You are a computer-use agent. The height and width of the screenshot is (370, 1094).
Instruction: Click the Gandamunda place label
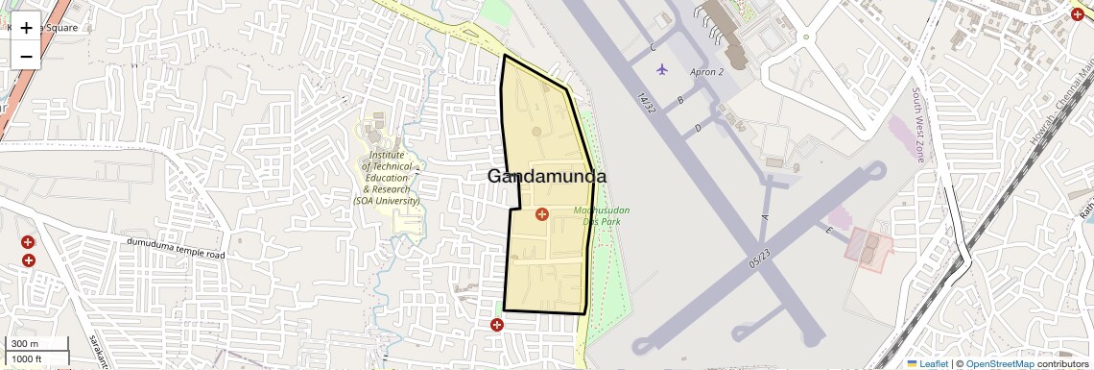click(x=547, y=176)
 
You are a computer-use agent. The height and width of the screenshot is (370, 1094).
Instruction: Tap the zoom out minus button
click(x=26, y=56)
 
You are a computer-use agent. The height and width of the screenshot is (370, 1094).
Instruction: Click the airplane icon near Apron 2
click(x=662, y=69)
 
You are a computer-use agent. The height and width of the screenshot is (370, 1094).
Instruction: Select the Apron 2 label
click(x=706, y=72)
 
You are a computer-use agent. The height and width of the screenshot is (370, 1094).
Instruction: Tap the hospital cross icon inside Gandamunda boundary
click(x=541, y=213)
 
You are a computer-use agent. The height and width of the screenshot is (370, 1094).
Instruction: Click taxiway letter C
click(x=653, y=47)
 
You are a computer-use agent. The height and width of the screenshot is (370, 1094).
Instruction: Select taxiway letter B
click(x=679, y=100)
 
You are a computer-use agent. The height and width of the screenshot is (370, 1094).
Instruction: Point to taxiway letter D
click(x=699, y=127)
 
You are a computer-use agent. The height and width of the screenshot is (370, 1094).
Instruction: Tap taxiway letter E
click(x=827, y=231)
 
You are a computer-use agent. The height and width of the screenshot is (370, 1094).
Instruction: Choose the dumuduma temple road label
click(x=176, y=249)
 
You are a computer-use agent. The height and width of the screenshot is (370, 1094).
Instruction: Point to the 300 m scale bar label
click(x=24, y=344)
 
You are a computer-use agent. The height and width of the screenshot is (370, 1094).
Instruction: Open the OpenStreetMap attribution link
click(x=999, y=363)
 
